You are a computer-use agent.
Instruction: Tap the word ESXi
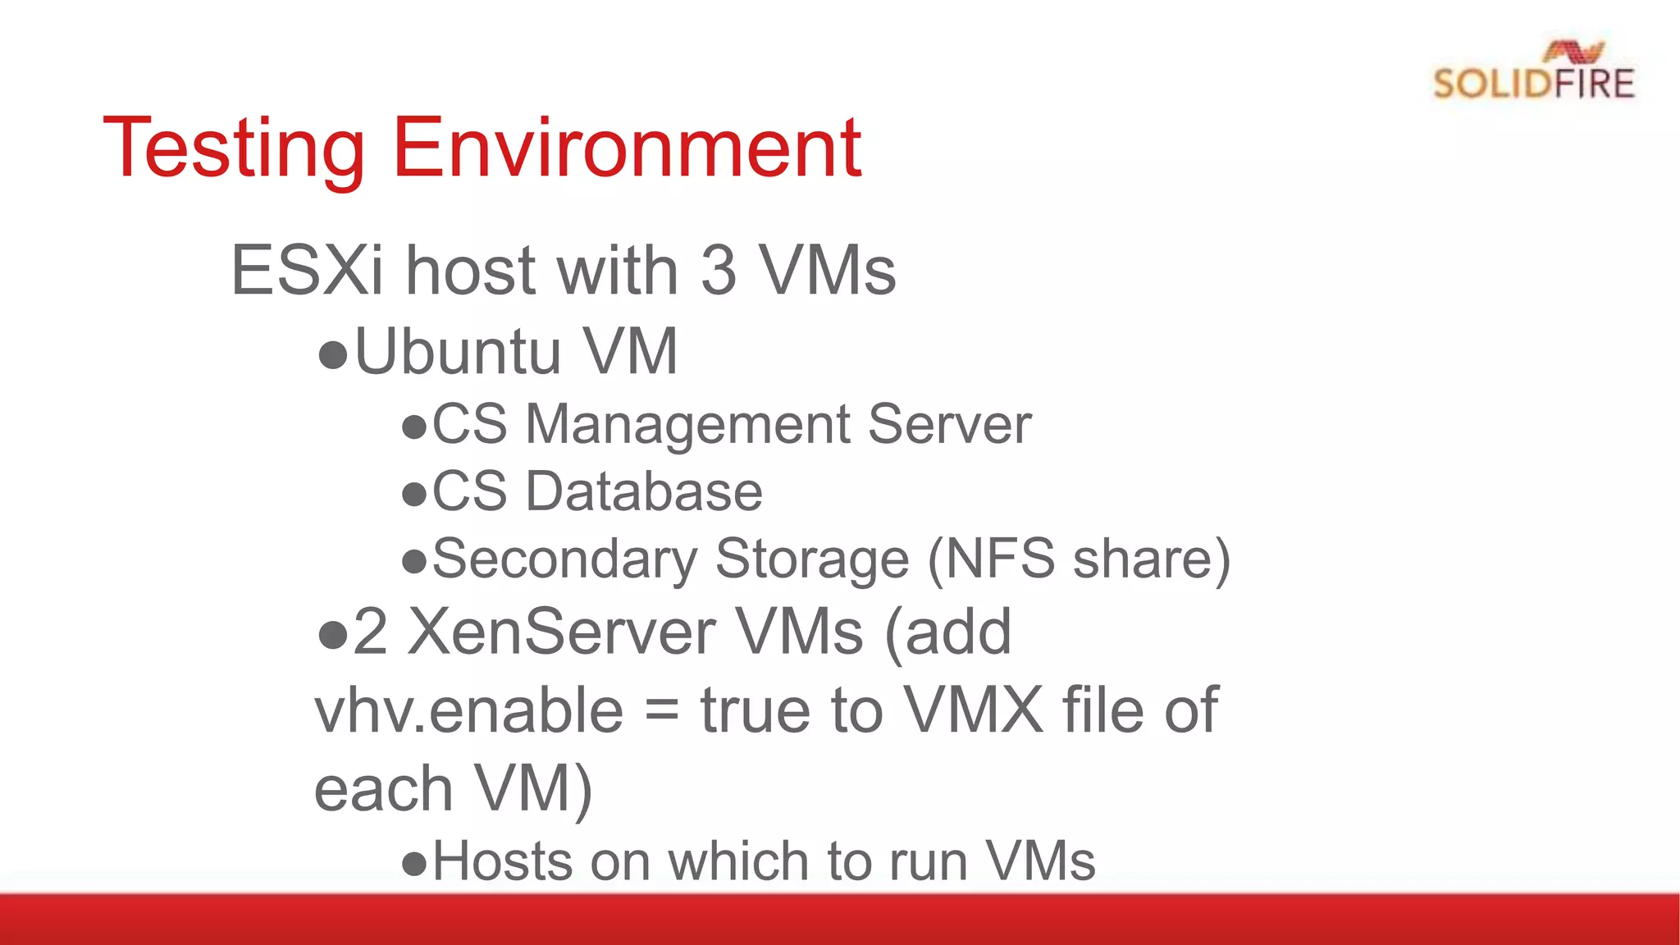point(308,270)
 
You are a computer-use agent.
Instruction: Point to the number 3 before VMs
point(719,270)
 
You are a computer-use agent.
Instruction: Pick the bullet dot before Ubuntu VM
point(333,354)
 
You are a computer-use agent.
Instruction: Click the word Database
point(644,491)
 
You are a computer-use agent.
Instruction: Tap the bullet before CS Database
point(414,495)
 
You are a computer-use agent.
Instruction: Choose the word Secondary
point(564,559)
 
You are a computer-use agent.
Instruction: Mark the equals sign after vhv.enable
point(661,711)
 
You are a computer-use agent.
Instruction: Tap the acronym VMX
point(973,710)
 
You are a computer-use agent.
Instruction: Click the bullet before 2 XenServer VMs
point(333,636)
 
